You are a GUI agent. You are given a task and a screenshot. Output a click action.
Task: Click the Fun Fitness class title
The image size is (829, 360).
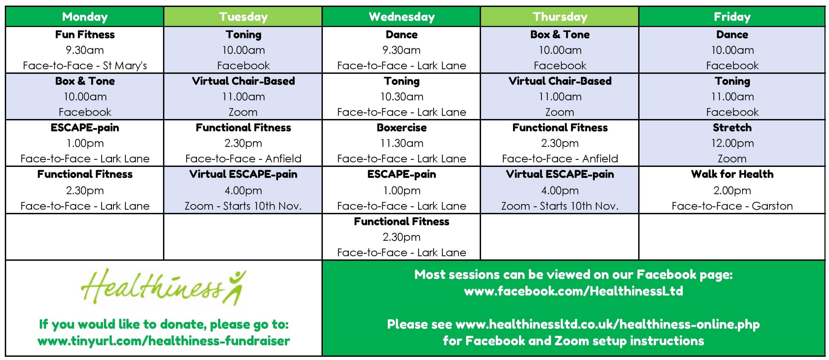[85, 35]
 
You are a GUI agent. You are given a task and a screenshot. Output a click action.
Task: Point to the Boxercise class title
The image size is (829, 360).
[402, 128]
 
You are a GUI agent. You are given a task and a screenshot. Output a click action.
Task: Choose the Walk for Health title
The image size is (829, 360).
[732, 174]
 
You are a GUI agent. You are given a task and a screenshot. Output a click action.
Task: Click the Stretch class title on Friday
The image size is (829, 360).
[732, 128]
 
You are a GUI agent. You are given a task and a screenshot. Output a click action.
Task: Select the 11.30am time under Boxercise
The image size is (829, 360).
[402, 143]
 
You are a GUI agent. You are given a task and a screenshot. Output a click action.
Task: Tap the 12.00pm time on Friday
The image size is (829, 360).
[732, 143]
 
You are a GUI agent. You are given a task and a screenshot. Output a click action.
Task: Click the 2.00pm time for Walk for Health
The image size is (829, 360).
[732, 191]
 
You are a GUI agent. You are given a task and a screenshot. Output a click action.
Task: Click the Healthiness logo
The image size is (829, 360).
[164, 287]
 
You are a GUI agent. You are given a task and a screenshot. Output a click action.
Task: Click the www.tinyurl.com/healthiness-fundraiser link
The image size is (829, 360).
[164, 341]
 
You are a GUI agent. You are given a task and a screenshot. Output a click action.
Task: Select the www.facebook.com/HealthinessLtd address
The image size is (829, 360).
[574, 291]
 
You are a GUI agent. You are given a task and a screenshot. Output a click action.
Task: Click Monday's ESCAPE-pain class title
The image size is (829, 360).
[85, 128]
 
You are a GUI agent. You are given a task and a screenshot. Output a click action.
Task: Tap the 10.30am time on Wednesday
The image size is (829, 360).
[402, 97]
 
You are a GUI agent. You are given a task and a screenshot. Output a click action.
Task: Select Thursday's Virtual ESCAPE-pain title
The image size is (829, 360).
[560, 174]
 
